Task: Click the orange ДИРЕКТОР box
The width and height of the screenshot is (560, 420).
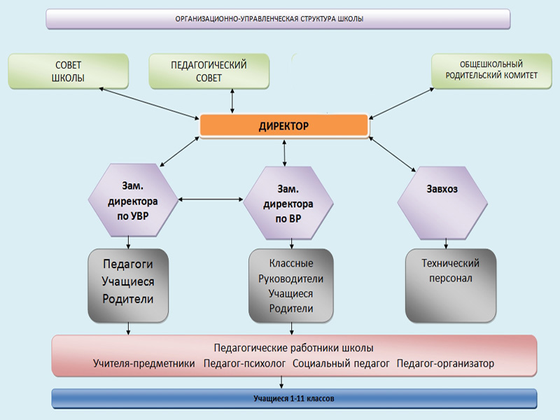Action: click(x=284, y=125)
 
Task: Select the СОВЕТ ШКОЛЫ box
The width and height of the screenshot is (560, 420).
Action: click(x=68, y=71)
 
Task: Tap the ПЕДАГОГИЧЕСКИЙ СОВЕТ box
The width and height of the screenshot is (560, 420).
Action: click(x=209, y=71)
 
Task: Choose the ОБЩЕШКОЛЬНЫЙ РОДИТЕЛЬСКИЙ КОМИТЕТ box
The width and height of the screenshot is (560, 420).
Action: click(x=491, y=71)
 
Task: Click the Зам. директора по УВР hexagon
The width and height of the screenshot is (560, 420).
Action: click(x=133, y=200)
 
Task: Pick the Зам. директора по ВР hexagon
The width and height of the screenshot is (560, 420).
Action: click(x=288, y=203)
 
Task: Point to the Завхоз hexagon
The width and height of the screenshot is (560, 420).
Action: click(x=442, y=203)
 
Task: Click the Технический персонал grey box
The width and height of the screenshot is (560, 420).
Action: click(x=451, y=286)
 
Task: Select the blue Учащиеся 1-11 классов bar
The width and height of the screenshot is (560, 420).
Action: click(x=294, y=398)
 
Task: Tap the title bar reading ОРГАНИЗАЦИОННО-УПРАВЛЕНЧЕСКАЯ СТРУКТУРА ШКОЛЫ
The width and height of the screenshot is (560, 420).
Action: click(x=278, y=19)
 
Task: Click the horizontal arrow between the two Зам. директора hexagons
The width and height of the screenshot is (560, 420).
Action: click(x=211, y=199)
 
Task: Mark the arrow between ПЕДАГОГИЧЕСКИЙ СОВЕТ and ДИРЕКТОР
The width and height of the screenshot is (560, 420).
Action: click(x=232, y=101)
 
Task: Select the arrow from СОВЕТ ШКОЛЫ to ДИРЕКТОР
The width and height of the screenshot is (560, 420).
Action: click(x=149, y=103)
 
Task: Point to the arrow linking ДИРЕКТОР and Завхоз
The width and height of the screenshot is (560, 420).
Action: click(x=392, y=154)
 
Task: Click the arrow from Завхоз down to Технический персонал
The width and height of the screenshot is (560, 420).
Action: click(x=446, y=244)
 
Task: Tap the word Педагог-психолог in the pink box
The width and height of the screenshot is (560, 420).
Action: click(x=244, y=363)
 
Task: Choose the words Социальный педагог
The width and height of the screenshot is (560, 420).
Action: click(x=341, y=363)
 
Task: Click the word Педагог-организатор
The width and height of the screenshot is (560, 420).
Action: click(x=445, y=363)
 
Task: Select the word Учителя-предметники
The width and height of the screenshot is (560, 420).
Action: click(x=144, y=363)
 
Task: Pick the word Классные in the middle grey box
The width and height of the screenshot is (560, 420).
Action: click(x=291, y=263)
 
